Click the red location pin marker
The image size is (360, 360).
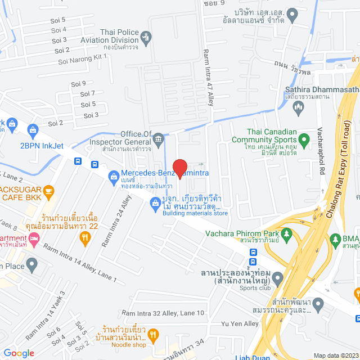179,168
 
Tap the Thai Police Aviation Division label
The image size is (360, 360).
119,36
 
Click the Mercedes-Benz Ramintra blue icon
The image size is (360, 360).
112,174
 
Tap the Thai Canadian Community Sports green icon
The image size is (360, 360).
304,138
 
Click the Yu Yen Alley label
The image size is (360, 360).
240,323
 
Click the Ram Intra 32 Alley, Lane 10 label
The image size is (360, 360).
163,313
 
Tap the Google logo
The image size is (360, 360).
18,353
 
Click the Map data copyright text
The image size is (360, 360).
335,355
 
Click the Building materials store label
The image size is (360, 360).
195,213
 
